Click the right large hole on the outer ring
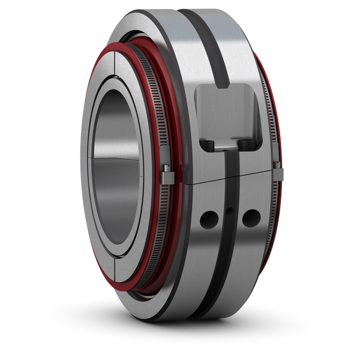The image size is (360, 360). point(250,218)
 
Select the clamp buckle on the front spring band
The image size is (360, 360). point(167,176)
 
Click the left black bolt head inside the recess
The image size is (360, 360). point(208,145)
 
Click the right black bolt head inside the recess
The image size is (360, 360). point(247,144)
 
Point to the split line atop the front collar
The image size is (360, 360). point(113,62)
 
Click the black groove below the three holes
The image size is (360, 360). point(225,276)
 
